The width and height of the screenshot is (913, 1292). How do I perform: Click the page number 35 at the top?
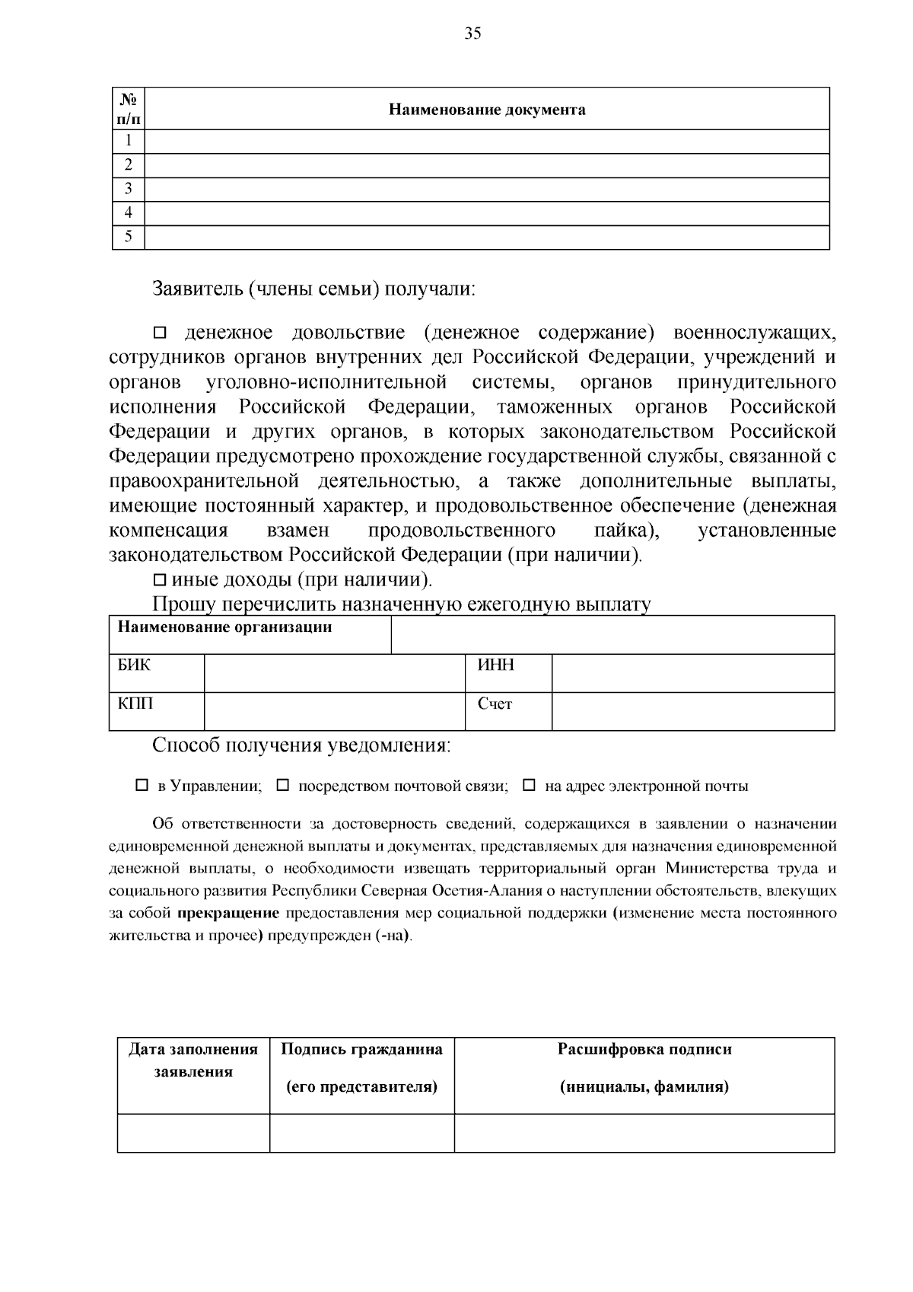pos(472,33)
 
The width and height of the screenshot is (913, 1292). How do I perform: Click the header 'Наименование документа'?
pos(487,110)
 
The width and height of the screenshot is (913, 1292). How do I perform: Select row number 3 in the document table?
pos(129,189)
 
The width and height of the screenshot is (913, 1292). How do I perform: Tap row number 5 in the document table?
pos(129,237)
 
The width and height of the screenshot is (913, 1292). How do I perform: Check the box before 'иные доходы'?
pos(160,580)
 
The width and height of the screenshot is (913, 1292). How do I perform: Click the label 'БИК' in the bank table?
pos(134,665)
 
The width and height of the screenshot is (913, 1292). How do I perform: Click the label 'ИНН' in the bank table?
pos(495,665)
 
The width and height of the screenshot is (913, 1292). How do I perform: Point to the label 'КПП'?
pos(135,703)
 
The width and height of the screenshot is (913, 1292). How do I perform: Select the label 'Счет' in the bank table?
pos(495,704)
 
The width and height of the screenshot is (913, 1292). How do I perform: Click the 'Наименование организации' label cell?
pos(224,628)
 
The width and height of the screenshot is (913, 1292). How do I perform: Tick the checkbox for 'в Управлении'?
pos(142,785)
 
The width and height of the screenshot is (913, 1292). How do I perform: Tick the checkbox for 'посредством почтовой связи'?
pos(282,785)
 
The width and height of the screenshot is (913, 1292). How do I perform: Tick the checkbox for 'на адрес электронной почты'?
pos(530,785)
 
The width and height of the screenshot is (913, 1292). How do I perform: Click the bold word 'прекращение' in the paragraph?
pos(228,913)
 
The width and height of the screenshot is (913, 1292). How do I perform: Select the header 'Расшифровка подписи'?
pos(644,1049)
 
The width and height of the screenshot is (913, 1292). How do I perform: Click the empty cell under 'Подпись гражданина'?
pos(361,1133)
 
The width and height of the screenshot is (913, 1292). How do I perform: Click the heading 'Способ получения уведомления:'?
pos(301,745)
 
